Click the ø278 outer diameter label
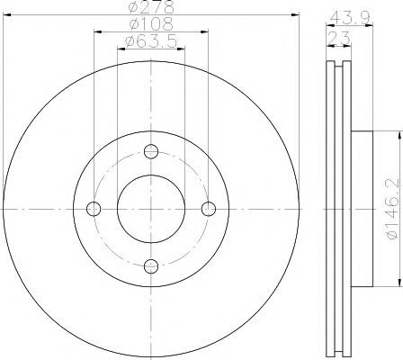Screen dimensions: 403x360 [151, 6]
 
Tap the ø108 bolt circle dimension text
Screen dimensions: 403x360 [151, 24]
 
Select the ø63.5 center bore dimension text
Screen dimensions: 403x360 [151, 41]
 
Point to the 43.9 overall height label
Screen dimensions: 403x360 [350, 19]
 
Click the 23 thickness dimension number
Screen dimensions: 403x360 [339, 38]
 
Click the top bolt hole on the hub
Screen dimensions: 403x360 [151, 151]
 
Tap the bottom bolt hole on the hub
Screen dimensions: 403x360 [151, 266]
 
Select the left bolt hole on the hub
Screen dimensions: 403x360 [94, 209]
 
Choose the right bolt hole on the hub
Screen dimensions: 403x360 [209, 209]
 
